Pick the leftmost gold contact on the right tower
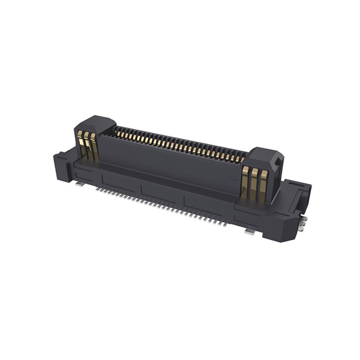tap(245, 181)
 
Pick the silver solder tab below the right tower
tap(249, 231)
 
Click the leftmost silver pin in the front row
tap(97, 190)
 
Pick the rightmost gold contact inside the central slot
tap(243, 159)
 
